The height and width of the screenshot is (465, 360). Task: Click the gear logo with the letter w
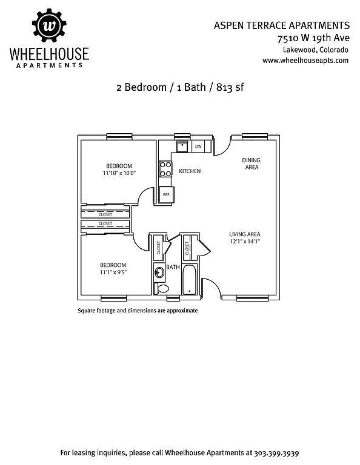click(x=49, y=25)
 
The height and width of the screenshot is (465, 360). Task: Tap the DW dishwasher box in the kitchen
click(x=198, y=147)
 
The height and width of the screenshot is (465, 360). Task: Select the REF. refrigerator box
click(x=167, y=194)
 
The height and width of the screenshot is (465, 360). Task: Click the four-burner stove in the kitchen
click(x=165, y=169)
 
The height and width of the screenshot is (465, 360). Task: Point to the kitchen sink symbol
click(x=182, y=146)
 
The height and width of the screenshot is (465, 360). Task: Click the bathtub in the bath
click(x=189, y=279)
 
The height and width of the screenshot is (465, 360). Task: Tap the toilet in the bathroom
click(x=162, y=288)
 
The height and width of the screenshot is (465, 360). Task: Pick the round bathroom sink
click(x=159, y=272)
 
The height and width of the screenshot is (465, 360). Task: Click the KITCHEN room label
click(x=190, y=171)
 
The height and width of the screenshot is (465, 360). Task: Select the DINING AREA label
click(x=252, y=163)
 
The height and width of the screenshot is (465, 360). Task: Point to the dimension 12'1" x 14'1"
click(x=245, y=242)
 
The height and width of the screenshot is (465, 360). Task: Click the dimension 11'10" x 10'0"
click(x=119, y=173)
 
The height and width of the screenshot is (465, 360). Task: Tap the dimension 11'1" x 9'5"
click(x=113, y=272)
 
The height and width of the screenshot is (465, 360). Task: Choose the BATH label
click(x=173, y=267)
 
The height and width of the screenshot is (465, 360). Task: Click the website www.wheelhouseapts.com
click(x=305, y=61)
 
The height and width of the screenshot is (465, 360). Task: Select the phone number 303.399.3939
click(x=276, y=453)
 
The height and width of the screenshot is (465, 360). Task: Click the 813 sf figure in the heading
click(x=230, y=87)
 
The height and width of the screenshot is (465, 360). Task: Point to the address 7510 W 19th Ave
click(x=313, y=38)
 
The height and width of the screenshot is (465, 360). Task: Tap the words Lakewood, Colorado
click(x=316, y=50)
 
